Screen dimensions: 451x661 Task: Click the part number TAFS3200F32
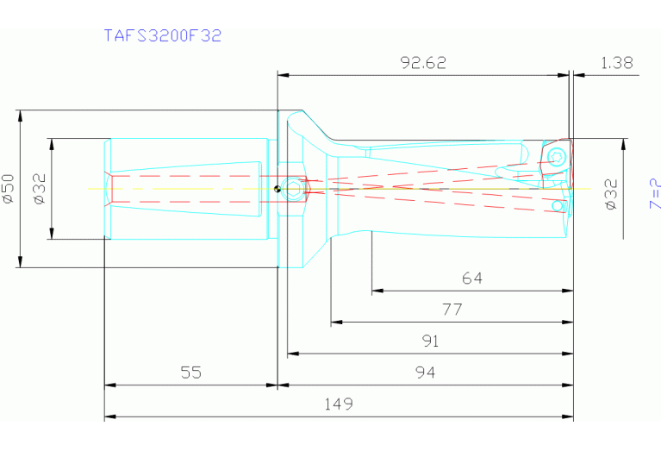(163, 35)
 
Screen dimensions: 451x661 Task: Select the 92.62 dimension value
(424, 63)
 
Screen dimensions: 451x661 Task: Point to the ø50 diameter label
(9, 188)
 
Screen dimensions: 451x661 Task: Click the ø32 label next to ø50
(39, 188)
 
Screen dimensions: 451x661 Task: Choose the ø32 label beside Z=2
(611, 194)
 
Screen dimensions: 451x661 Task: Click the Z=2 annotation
(654, 194)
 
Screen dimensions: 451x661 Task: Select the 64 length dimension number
(472, 279)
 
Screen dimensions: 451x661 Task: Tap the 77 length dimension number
(452, 309)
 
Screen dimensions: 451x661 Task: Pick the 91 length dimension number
(430, 341)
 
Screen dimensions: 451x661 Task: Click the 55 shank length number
(191, 373)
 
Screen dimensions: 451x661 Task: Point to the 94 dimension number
(425, 373)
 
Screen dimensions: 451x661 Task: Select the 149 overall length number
(339, 404)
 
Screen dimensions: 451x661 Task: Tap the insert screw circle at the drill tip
(556, 157)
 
